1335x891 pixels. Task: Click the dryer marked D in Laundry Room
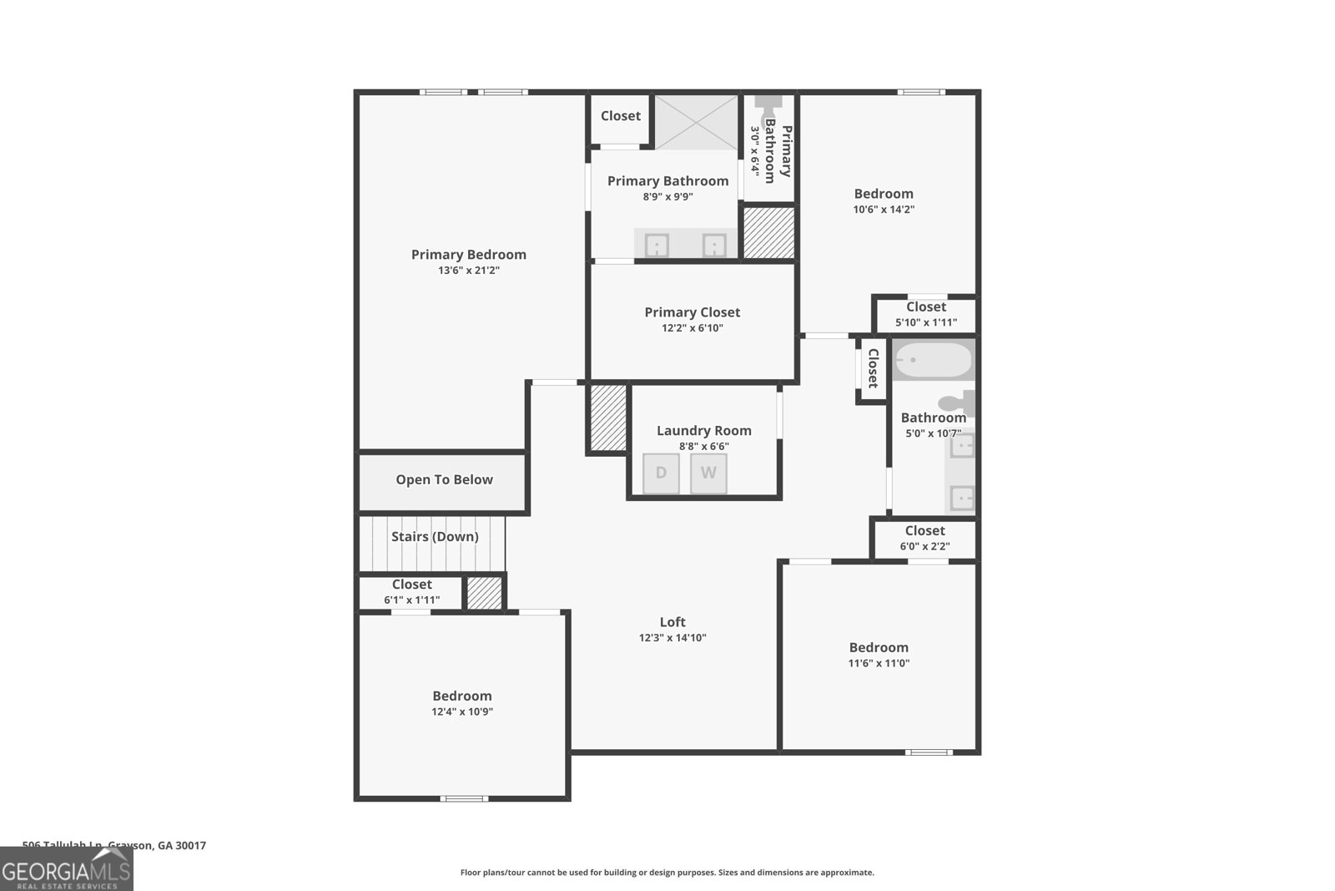pyautogui.click(x=661, y=473)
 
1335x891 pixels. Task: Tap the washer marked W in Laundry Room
pyautogui.click(x=708, y=473)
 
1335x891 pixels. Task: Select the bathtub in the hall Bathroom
pyautogui.click(x=933, y=361)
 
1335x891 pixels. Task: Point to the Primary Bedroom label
pyautogui.click(x=468, y=255)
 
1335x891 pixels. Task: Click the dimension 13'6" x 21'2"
pyautogui.click(x=468, y=271)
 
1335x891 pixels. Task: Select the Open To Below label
pyautogui.click(x=444, y=480)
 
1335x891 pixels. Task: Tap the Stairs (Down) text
pyautogui.click(x=435, y=537)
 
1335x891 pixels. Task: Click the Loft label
pyautogui.click(x=673, y=622)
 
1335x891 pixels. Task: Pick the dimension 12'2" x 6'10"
pyautogui.click(x=692, y=328)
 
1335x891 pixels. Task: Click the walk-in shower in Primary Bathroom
pyautogui.click(x=696, y=122)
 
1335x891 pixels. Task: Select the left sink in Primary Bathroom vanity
pyautogui.click(x=657, y=246)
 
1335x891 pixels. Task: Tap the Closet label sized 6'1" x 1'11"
pyautogui.click(x=411, y=585)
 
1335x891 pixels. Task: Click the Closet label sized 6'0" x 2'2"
pyautogui.click(x=924, y=531)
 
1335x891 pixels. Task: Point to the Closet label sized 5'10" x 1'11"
pyautogui.click(x=925, y=307)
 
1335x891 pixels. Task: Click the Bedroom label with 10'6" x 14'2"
pyautogui.click(x=883, y=194)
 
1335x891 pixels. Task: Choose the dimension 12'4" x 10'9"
pyautogui.click(x=461, y=712)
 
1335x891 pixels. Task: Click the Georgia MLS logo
pyautogui.click(x=66, y=871)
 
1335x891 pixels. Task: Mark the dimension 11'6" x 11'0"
pyautogui.click(x=879, y=664)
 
